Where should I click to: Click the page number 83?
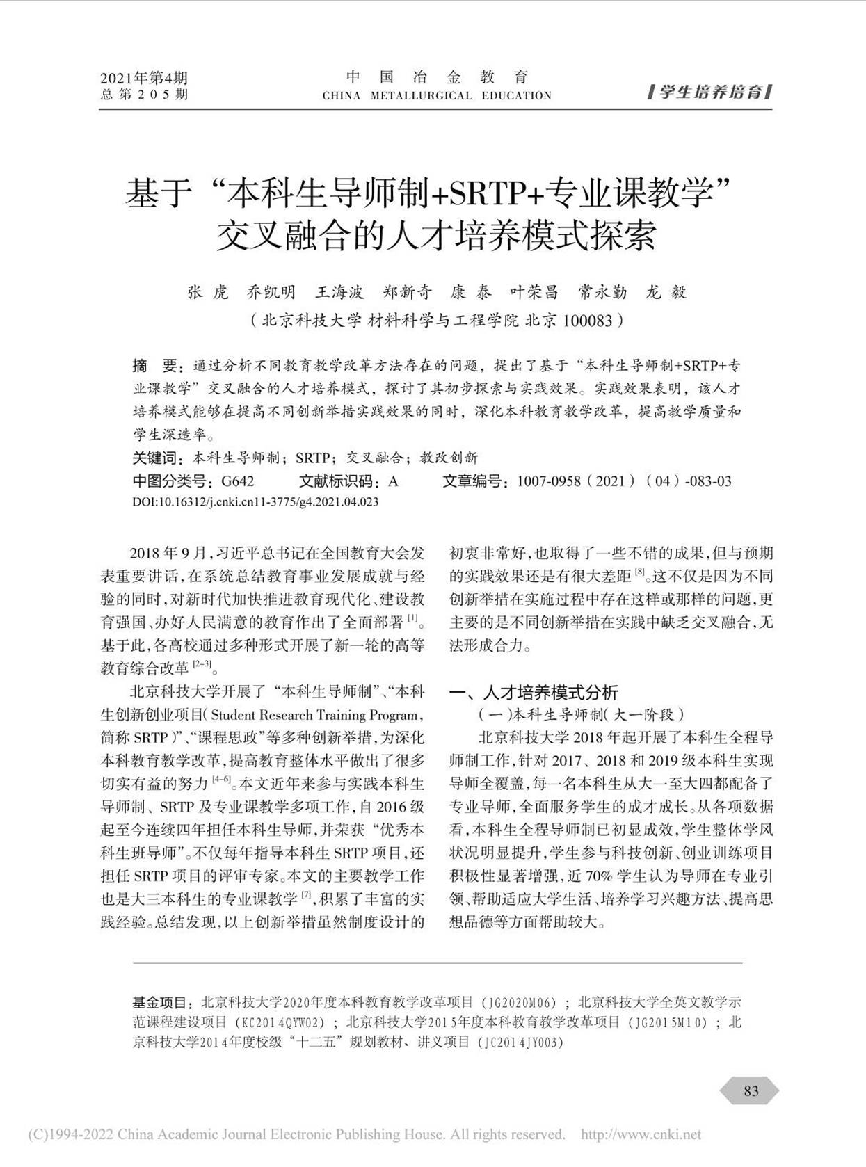pos(751,1090)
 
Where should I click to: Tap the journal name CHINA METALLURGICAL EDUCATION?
pos(437,96)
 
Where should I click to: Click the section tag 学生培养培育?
pos(711,92)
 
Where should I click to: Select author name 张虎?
pos(207,293)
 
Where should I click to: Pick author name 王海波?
pos(340,293)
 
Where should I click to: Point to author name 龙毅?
pos(666,293)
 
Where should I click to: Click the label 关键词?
pos(156,458)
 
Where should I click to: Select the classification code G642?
pos(238,481)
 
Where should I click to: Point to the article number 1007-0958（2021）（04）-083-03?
pos(624,481)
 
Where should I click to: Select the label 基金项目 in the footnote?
pos(161,1003)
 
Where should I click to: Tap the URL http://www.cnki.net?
pos(641,1134)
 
